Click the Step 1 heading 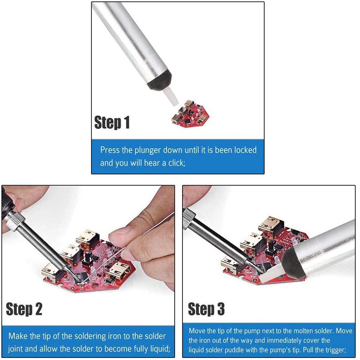click(x=112, y=123)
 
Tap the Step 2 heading click(x=24, y=309)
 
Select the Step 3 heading click(x=206, y=309)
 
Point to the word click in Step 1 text click(x=175, y=163)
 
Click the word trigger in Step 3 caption click(x=334, y=350)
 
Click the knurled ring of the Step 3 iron click(x=189, y=218)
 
